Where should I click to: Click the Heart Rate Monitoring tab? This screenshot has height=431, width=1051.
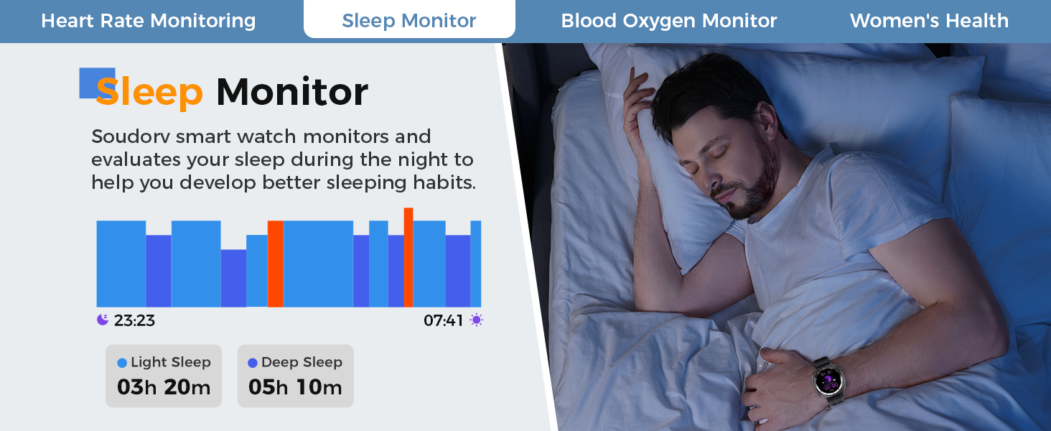149,21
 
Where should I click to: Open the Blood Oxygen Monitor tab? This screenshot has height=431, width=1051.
668,21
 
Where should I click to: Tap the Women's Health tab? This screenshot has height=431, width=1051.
929,21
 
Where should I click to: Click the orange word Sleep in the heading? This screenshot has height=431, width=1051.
149,91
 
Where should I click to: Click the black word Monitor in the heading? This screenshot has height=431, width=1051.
292,91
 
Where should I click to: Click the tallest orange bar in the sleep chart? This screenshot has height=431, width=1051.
408,257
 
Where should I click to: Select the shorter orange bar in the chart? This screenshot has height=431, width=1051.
276,264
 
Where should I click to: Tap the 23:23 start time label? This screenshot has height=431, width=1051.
134,320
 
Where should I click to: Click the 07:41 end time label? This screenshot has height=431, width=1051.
443,320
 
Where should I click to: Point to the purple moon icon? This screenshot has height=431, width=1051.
102,320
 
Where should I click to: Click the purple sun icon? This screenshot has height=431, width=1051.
476,320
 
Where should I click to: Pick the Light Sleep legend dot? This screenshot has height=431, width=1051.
122,363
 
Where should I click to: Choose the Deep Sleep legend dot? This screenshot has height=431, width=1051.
253,363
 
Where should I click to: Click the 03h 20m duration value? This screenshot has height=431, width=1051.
164,387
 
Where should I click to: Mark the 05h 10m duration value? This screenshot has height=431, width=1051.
295,387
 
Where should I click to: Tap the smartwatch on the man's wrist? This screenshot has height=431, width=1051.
829,380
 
